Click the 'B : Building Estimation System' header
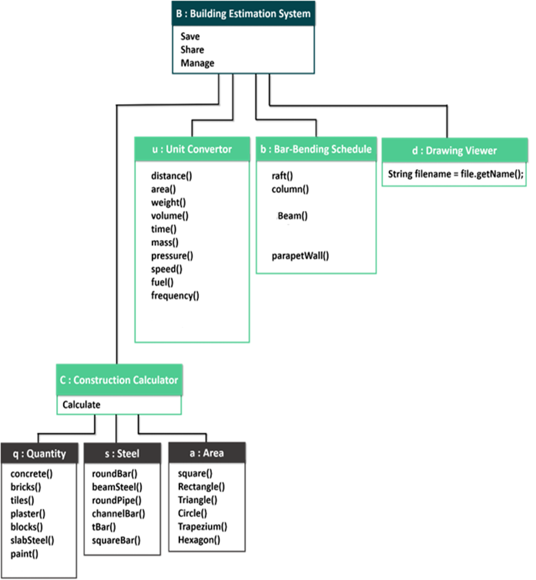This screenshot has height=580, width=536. [x=244, y=13]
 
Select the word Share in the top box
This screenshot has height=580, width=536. [x=192, y=49]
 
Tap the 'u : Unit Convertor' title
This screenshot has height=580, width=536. [x=192, y=149]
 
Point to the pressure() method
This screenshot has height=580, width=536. [x=172, y=256]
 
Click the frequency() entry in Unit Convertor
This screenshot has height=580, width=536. [x=174, y=295]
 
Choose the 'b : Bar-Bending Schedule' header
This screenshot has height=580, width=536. [x=316, y=149]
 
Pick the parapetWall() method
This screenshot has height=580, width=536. [x=301, y=256]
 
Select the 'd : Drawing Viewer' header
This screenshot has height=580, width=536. [x=454, y=150]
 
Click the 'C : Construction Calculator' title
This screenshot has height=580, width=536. [x=119, y=380]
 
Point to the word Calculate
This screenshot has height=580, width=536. [x=82, y=405]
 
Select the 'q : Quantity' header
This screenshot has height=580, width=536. [x=39, y=454]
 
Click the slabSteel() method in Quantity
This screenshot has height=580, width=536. [x=32, y=541]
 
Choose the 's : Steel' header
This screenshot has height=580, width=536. [x=122, y=454]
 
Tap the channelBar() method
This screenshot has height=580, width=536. [x=119, y=513]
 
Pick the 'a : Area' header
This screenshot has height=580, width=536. [x=207, y=453]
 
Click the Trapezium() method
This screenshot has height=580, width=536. [x=202, y=526]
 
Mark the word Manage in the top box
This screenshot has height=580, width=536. [x=197, y=63]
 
